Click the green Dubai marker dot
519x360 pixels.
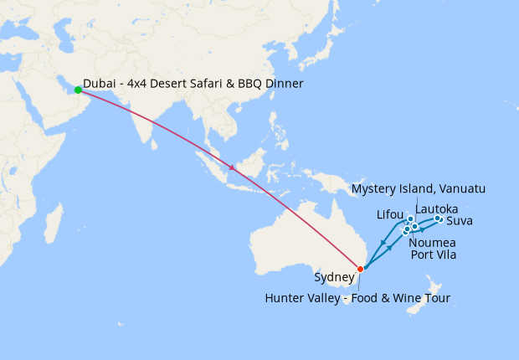point(78,90)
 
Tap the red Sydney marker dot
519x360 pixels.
point(361,269)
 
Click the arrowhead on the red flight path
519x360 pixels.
point(233,170)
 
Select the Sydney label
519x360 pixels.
point(333,277)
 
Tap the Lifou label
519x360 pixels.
point(390,214)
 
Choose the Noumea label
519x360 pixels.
point(433,242)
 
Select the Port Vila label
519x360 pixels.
point(434,255)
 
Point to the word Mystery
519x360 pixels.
point(374,188)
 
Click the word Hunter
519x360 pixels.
point(285,297)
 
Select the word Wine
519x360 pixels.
point(397,297)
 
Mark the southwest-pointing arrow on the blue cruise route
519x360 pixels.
point(383,244)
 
